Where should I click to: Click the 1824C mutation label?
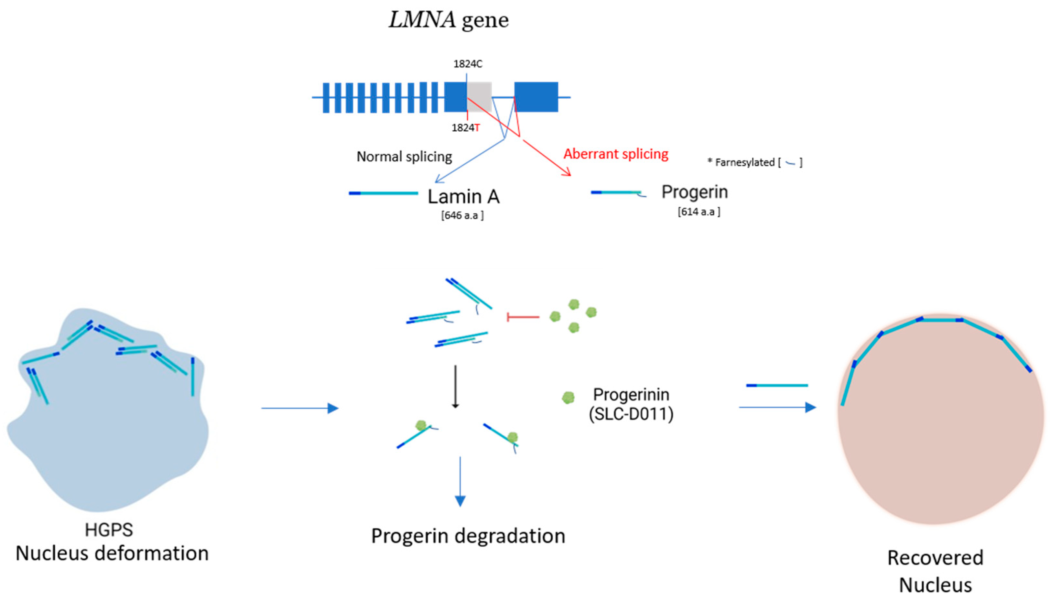coord(468,64)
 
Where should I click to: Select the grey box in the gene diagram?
coord(479,97)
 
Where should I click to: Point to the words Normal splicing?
coord(404,157)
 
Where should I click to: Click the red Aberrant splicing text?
coord(616,154)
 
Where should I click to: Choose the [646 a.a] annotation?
coord(462,215)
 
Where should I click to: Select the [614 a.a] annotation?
coord(699,212)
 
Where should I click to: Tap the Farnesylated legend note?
coord(754,163)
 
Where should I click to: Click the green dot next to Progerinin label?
coord(568,398)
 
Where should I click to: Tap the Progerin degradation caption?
coord(468,536)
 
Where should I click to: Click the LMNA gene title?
coord(449,20)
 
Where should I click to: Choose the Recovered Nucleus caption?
coord(935,571)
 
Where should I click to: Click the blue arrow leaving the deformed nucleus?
coord(300,408)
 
